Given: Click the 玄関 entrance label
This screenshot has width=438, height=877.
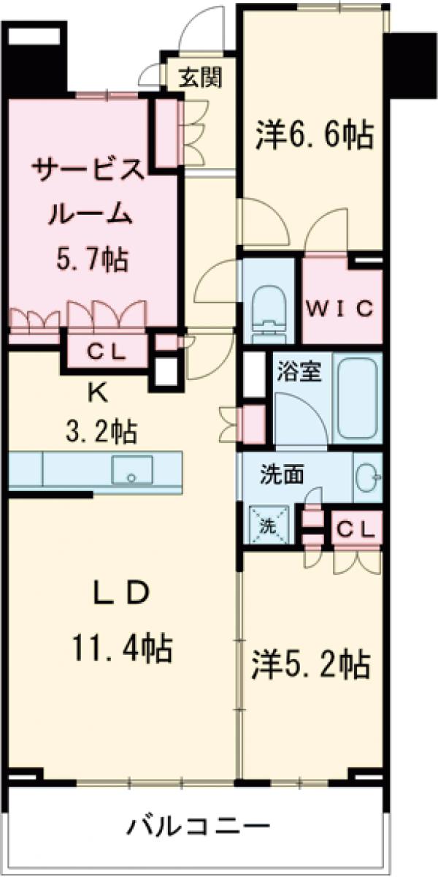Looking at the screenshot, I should click(196, 76).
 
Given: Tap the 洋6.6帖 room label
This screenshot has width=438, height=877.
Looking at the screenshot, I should click(314, 135).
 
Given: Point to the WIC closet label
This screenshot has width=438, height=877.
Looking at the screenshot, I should click(342, 308).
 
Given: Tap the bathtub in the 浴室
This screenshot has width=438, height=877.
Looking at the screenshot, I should click(356, 398).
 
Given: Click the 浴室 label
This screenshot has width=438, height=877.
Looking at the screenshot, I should click(299, 371).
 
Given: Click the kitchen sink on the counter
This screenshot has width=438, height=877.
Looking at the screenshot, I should click(132, 470).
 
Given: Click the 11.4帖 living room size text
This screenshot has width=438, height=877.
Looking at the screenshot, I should click(121, 647).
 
